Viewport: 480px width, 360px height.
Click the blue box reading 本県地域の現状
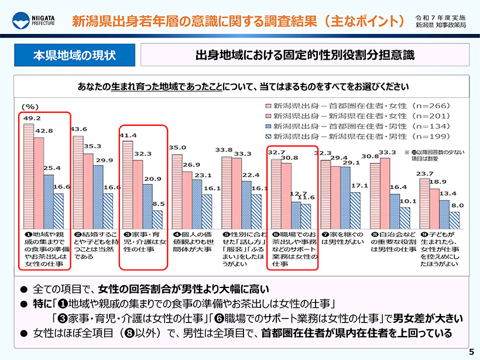pyautogui.click(x=74, y=56)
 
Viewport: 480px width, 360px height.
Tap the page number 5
pyautogui.click(x=470, y=351)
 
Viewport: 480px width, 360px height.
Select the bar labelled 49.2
pyautogui.click(x=28, y=176)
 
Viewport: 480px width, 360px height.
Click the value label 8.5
pyautogui.click(x=157, y=204)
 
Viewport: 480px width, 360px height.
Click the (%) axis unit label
pyautogui.click(x=30, y=107)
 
